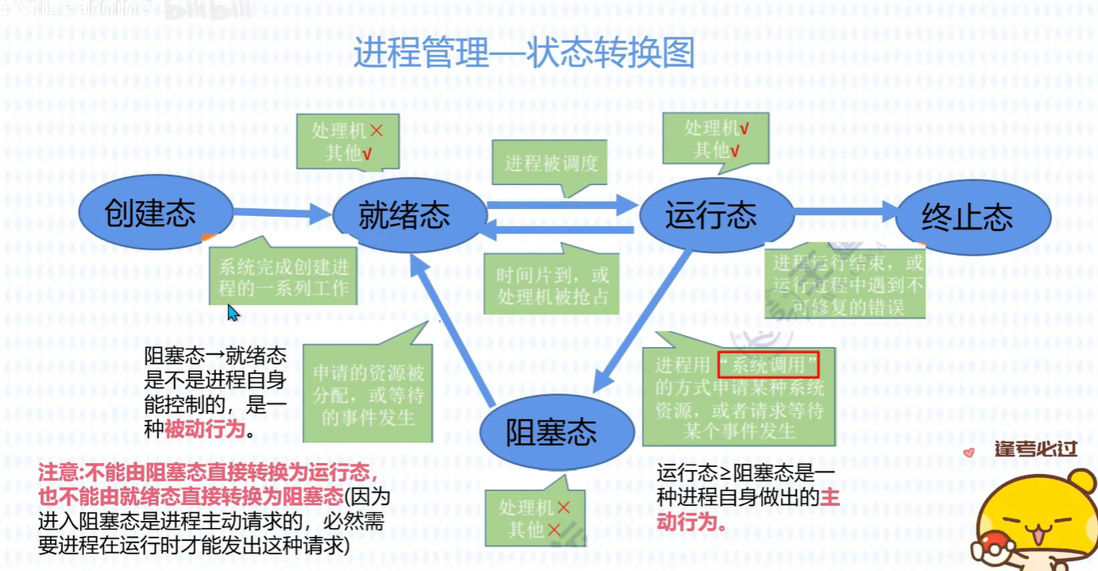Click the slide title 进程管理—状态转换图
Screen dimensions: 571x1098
(x=524, y=53)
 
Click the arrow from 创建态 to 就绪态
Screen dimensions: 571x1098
(x=282, y=212)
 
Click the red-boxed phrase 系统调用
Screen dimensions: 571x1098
(x=767, y=365)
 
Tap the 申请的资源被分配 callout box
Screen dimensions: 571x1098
(x=368, y=395)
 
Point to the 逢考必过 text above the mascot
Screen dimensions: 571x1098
(x=1035, y=449)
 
